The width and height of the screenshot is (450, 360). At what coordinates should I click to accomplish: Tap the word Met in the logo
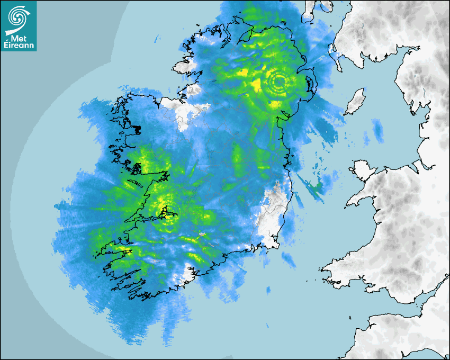[19, 38]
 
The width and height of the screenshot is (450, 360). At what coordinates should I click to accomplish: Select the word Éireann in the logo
[19, 46]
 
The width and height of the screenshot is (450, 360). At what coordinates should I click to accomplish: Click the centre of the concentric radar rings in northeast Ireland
[278, 82]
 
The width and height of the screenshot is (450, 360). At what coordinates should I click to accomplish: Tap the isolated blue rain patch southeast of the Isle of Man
[377, 130]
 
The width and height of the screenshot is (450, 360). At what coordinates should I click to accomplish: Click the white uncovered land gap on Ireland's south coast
[186, 274]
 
